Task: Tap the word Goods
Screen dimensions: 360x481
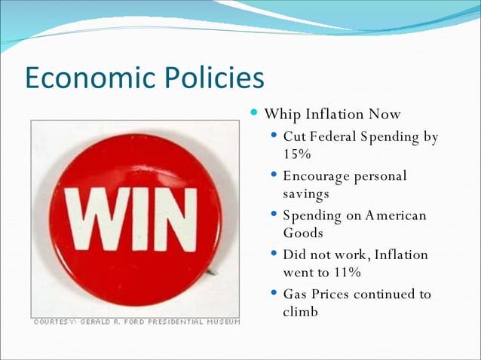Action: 304,233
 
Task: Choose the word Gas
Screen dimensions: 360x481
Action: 296,294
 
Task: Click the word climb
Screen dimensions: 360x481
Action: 301,311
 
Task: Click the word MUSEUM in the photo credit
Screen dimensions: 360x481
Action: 222,322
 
